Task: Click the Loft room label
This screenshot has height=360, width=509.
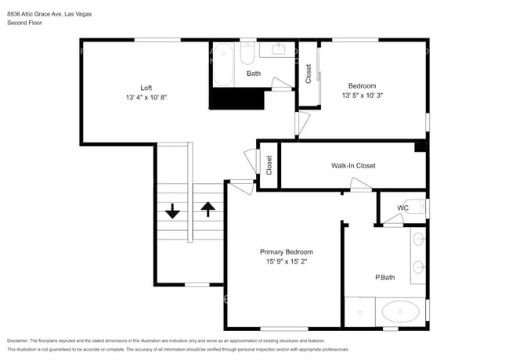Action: pyautogui.click(x=146, y=88)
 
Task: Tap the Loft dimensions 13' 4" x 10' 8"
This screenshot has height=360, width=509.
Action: pyautogui.click(x=146, y=97)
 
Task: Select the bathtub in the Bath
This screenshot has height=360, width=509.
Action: pyautogui.click(x=223, y=65)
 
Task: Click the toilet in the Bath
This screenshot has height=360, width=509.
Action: pyautogui.click(x=247, y=54)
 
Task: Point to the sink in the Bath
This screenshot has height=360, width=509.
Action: pyautogui.click(x=278, y=49)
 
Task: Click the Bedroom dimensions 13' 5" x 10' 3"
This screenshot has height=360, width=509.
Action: pyautogui.click(x=363, y=95)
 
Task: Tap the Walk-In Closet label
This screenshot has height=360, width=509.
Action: pyautogui.click(x=353, y=166)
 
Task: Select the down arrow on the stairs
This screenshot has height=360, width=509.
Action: pyautogui.click(x=172, y=211)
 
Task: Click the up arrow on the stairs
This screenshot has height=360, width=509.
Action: pyautogui.click(x=208, y=209)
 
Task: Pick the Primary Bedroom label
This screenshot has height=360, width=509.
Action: pyautogui.click(x=287, y=252)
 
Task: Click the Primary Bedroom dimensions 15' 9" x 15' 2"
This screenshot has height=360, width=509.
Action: pyautogui.click(x=287, y=261)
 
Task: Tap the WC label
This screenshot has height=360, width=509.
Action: pyautogui.click(x=403, y=208)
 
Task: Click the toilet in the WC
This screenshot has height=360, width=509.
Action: pyautogui.click(x=415, y=207)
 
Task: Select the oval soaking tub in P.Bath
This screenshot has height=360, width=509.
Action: pyautogui.click(x=400, y=311)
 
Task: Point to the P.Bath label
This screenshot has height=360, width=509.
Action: pyautogui.click(x=385, y=277)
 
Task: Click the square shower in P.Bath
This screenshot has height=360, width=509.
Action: pyautogui.click(x=359, y=311)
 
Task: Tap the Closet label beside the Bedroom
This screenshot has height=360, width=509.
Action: pyautogui.click(x=309, y=74)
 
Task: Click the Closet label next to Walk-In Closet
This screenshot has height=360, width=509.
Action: pyautogui.click(x=269, y=165)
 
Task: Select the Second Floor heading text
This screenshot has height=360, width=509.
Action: pyautogui.click(x=24, y=23)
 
